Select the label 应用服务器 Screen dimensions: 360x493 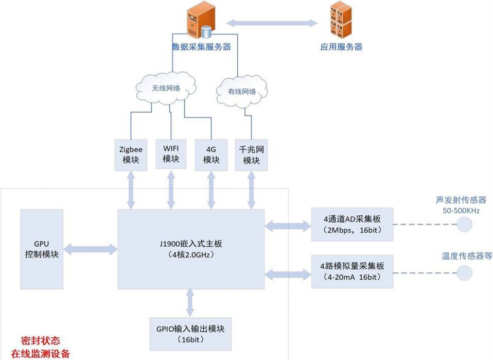pyautogui.click(x=341, y=47)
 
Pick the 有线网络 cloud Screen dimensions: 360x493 pyautogui.click(x=242, y=92)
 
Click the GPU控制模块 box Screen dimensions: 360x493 pyautogui.click(x=42, y=249)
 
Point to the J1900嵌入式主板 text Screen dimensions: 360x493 pyautogui.click(x=191, y=244)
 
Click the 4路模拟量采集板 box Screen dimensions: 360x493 pyautogui.click(x=353, y=270)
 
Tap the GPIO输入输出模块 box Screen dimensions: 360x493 pyautogui.click(x=190, y=333)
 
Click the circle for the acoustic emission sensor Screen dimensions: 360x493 pyautogui.click(x=465, y=224)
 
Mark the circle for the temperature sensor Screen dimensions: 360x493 pyautogui.click(x=465, y=273)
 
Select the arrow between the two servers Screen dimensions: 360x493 pyautogui.click(x=272, y=23)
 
